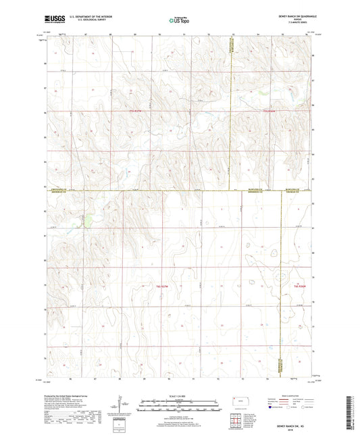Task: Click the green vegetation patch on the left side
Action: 86,218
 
